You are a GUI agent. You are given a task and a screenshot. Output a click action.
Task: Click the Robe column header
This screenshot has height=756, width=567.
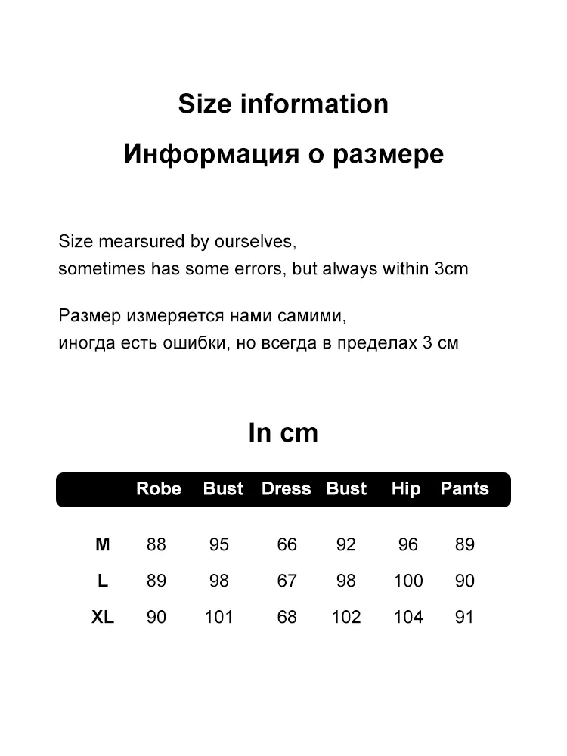point(159,489)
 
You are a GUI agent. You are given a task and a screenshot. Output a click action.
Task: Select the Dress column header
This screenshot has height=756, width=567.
point(286,489)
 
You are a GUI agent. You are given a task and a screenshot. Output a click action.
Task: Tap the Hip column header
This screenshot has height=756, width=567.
point(406,489)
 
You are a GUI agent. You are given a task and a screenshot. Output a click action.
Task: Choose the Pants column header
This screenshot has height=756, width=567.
point(464,489)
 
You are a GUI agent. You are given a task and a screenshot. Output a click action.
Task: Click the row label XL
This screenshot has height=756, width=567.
point(103,618)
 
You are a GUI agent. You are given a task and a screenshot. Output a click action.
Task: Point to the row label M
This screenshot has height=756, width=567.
point(103,544)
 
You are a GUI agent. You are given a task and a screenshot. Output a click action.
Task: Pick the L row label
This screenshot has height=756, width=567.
point(103,581)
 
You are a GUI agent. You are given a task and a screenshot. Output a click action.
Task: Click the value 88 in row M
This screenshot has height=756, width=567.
point(156,544)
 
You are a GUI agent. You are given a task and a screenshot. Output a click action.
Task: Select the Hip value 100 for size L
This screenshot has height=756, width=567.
point(408,581)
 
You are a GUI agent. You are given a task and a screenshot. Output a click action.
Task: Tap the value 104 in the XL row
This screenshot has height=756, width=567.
point(408,618)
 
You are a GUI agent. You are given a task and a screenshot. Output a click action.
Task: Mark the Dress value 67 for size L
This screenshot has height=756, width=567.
point(287,581)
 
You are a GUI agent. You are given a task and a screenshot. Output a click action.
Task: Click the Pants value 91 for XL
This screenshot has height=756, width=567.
point(464,618)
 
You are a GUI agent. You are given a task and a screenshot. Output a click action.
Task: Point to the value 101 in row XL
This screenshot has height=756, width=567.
point(219,618)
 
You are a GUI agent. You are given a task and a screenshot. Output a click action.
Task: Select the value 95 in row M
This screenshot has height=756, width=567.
point(219,544)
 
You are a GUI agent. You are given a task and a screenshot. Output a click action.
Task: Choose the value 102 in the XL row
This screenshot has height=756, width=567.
point(346,618)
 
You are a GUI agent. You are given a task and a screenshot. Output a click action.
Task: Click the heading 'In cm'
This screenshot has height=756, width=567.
point(283,433)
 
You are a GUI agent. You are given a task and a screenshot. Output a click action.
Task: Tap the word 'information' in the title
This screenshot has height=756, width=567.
point(314,104)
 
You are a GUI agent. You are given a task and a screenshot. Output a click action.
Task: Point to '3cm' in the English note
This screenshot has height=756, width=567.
point(451,269)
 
